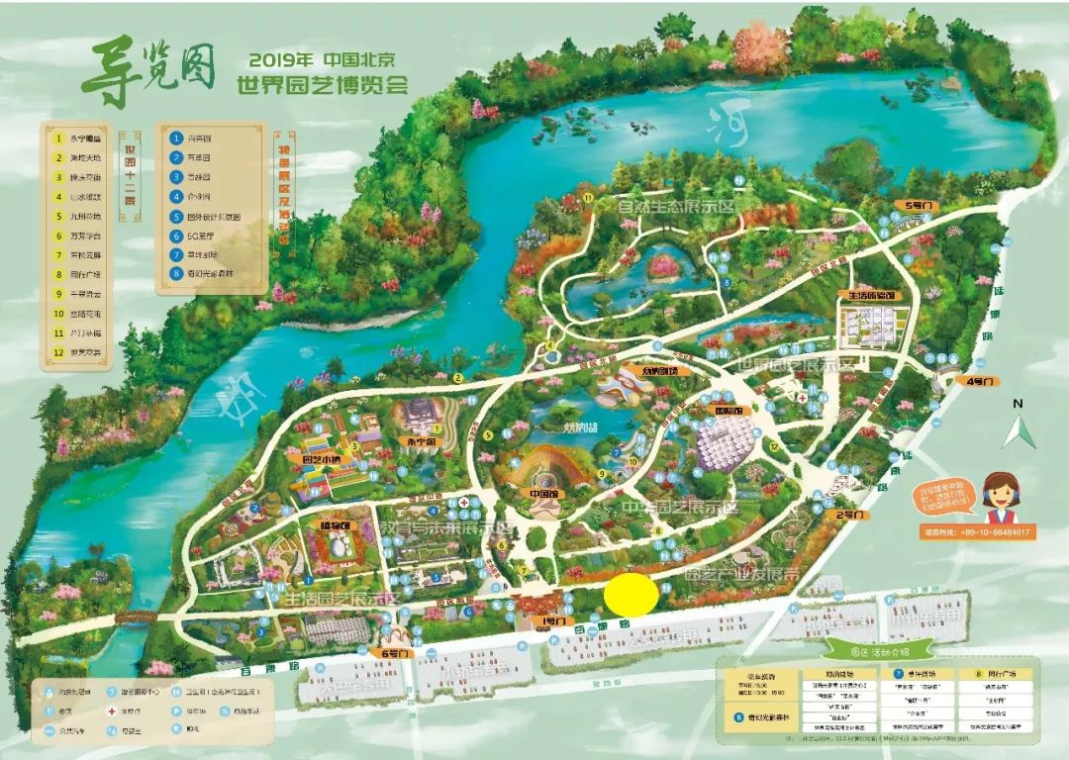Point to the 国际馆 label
[x=729, y=411]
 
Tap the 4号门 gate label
[x=979, y=380]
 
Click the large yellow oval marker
[x=631, y=594]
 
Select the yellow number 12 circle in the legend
[x=58, y=350]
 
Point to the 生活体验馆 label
[x=871, y=295]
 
